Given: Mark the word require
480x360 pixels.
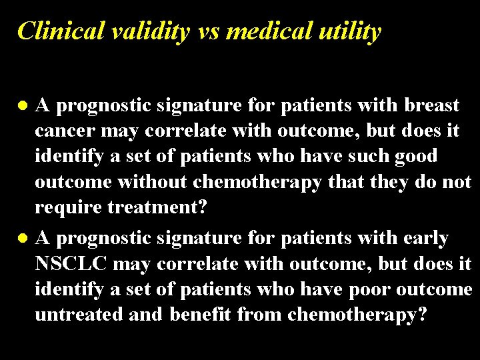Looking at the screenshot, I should (x=64, y=207).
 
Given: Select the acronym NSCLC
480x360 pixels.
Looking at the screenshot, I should (x=71, y=263).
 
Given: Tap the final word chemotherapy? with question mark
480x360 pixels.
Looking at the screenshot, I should (x=357, y=315).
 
